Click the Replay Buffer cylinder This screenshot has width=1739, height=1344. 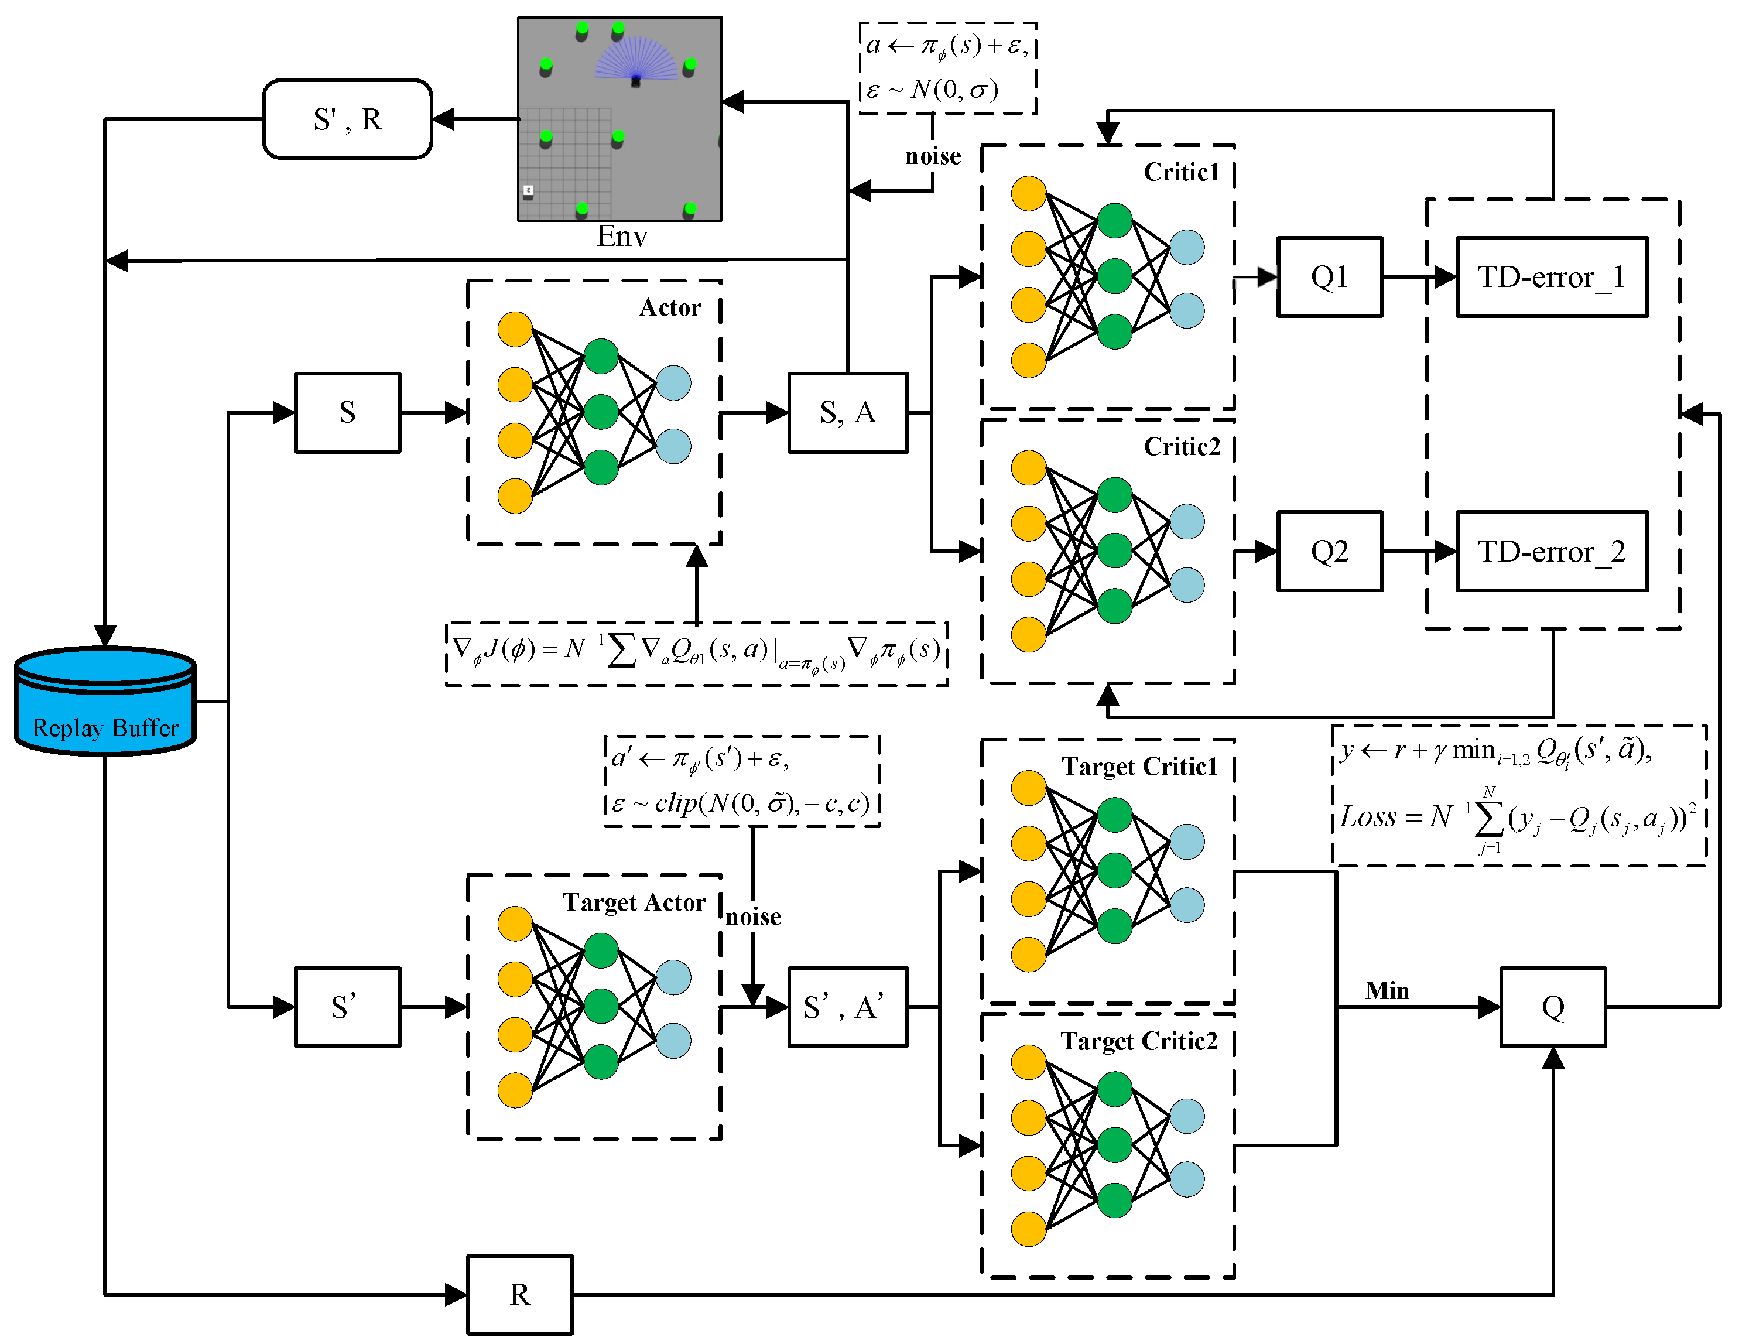105,700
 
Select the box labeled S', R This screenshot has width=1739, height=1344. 347,119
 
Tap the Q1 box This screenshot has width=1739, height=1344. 1329,277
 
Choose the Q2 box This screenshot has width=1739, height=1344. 1329,551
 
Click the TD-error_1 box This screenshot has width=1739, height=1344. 1551,277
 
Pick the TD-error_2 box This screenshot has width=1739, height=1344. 1551,551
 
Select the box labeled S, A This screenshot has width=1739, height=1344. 847,412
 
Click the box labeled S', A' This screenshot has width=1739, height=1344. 847,1007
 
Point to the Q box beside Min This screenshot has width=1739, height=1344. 1553,1007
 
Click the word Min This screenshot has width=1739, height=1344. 1387,990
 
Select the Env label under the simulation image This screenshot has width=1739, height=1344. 622,237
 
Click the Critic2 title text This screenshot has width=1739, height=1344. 1182,447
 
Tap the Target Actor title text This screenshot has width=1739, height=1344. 634,902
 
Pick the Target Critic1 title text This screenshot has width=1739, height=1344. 1139,766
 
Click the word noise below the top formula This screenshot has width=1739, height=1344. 933,156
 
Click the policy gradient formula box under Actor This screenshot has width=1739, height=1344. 696,653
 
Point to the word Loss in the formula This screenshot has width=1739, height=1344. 1368,817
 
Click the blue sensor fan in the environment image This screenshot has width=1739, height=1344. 635,60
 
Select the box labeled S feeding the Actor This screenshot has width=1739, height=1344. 347,412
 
